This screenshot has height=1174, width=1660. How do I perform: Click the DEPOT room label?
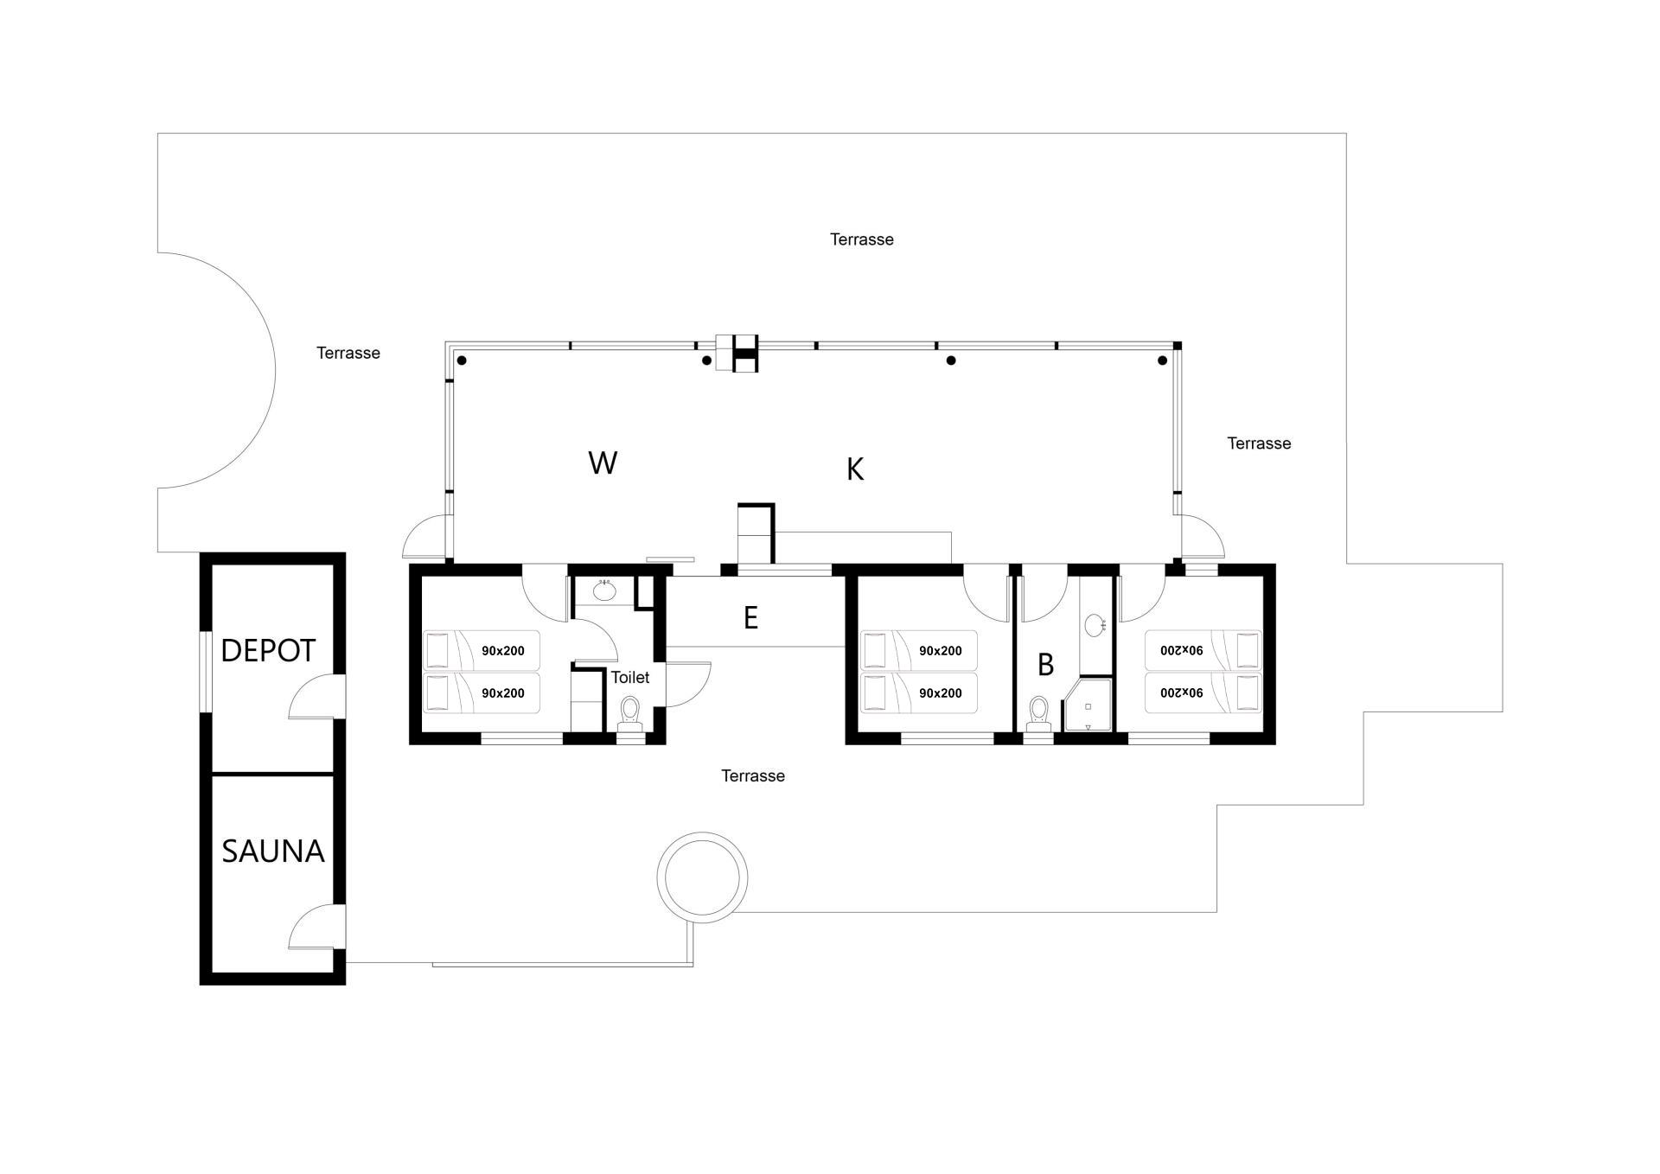click(268, 650)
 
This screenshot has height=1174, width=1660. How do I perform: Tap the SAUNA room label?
click(273, 852)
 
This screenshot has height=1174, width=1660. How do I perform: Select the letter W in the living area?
click(603, 463)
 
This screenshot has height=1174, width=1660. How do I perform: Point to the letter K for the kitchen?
click(855, 469)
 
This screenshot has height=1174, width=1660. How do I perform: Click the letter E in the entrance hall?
click(750, 617)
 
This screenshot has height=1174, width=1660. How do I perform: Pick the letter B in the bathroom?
click(1045, 665)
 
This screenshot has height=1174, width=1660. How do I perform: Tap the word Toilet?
click(630, 677)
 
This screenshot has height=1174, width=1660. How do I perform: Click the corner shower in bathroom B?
click(1088, 705)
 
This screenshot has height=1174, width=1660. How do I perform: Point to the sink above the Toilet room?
click(604, 591)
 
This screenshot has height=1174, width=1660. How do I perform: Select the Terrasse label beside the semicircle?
click(348, 353)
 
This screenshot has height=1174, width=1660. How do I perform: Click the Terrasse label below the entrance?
click(753, 775)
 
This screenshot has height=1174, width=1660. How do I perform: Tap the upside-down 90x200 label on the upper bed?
click(1181, 649)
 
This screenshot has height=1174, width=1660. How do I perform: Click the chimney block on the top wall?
click(737, 354)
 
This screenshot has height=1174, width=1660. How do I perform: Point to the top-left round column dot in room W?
click(462, 360)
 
